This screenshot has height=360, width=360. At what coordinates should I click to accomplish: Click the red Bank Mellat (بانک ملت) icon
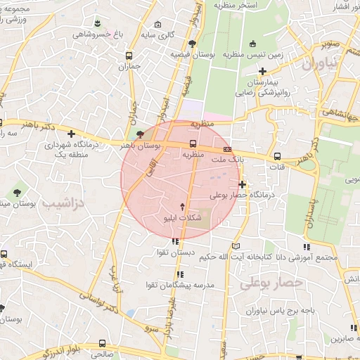pos(228,149)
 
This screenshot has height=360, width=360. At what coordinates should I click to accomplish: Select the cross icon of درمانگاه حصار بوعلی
pos(243,184)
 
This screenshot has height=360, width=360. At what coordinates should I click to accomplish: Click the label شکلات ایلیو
pos(183,219)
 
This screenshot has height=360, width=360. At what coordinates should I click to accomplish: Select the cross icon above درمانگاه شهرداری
pos(71,134)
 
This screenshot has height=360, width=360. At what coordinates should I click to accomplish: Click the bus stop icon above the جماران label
pos(129,56)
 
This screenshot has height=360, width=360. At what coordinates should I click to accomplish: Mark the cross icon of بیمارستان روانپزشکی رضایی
pos(262,70)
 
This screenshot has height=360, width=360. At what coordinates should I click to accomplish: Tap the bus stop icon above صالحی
pos(103,344)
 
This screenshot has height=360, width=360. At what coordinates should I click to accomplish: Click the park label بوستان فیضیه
pos(195,54)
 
